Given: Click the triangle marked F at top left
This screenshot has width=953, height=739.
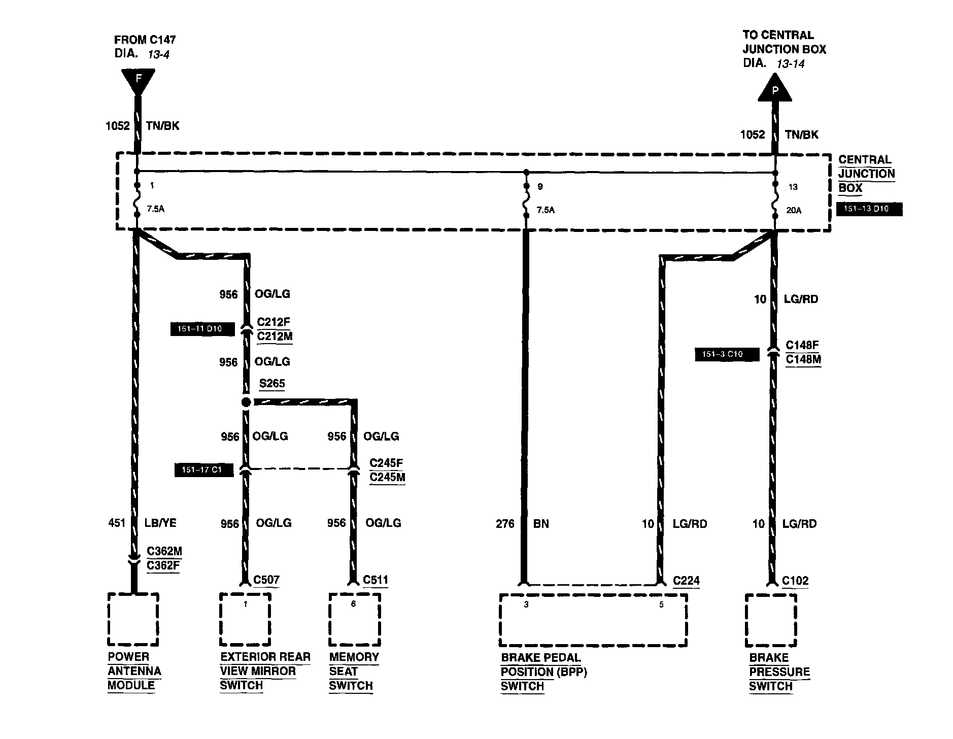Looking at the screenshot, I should (138, 80).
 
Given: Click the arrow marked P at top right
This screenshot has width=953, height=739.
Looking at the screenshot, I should (774, 89).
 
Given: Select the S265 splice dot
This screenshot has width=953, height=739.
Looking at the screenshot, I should (246, 402).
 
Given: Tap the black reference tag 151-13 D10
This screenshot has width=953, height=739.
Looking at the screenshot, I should (869, 209).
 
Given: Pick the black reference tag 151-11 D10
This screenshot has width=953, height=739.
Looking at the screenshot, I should (203, 329).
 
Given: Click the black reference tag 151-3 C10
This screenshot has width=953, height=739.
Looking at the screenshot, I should (727, 354).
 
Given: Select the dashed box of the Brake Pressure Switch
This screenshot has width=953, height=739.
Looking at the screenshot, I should (771, 620).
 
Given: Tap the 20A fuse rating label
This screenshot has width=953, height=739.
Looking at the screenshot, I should (794, 210).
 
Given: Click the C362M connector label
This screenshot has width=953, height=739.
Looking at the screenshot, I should (164, 551).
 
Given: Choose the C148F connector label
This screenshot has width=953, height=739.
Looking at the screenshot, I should (802, 345).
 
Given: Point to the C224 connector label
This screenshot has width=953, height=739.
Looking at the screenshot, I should (686, 580).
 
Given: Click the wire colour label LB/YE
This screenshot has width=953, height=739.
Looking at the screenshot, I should (161, 523).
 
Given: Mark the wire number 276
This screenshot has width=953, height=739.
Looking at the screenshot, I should (505, 524).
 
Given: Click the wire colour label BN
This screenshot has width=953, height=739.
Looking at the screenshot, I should (541, 524).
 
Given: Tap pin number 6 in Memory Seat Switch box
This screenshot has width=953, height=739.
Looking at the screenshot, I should (354, 604).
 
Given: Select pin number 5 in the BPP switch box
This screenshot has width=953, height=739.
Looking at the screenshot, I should (661, 604).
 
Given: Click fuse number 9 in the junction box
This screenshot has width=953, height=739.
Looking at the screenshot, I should (540, 187).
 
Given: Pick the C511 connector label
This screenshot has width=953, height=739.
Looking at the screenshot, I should (375, 580).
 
